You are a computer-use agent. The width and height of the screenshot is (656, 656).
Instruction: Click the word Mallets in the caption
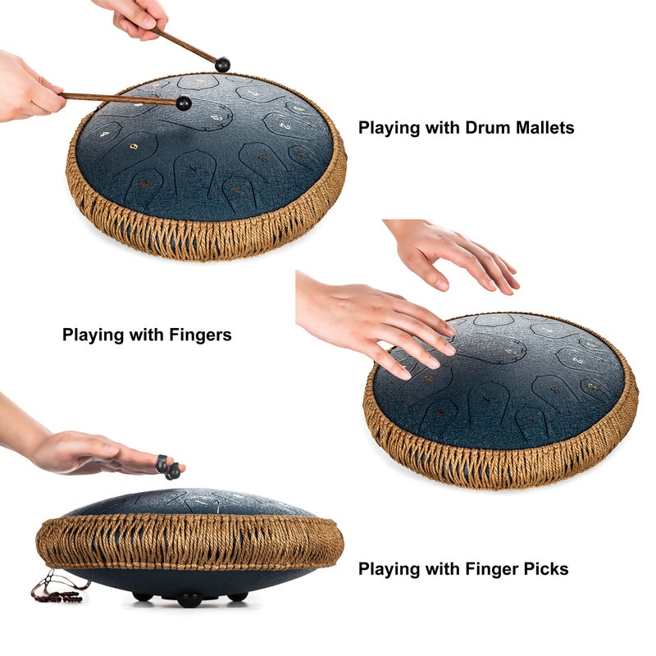click(x=544, y=127)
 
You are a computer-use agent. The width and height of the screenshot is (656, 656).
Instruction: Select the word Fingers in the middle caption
click(x=200, y=335)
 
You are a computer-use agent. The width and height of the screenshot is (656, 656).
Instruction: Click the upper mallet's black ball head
click(x=222, y=65)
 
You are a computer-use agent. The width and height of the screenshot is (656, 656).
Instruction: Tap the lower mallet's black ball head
click(x=184, y=103)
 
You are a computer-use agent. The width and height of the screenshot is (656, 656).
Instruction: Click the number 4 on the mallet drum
click(x=105, y=134)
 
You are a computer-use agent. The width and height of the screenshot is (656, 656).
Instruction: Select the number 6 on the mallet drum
click(x=134, y=147)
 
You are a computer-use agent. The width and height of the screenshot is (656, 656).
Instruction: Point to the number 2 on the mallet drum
click(x=285, y=125)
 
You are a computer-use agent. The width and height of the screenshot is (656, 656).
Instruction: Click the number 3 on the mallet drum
click(x=217, y=118)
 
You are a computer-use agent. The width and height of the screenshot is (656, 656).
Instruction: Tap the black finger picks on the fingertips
click(x=168, y=467)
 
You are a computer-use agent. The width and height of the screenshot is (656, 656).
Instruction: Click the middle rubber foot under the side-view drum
click(x=189, y=601)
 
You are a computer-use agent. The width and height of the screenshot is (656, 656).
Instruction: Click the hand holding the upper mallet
click(x=133, y=17)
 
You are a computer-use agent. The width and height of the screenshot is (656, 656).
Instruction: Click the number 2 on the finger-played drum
click(x=577, y=360)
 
